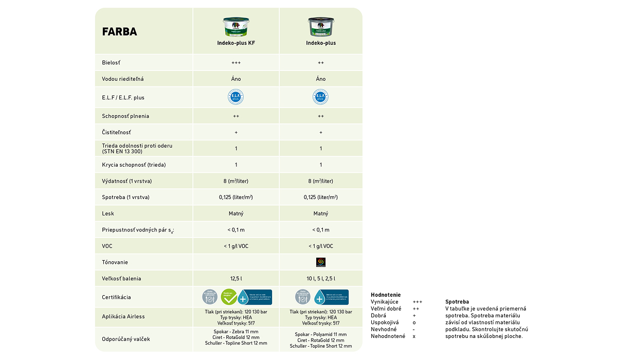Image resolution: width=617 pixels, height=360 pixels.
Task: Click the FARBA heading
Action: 120,32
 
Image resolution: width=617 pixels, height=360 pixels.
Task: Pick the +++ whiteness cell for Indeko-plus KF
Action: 236,63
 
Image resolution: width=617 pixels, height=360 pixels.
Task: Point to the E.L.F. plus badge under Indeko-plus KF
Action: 236,97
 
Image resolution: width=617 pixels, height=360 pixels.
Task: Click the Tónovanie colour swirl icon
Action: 321,262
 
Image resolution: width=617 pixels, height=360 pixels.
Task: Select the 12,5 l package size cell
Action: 236,279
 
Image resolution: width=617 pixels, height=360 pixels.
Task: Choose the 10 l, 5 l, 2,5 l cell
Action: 321,279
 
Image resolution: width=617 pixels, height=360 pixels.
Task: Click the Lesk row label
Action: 108,213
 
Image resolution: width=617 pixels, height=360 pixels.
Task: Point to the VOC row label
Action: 107,246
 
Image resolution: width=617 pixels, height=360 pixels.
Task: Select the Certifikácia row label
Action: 116,297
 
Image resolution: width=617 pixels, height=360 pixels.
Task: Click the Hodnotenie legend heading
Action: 386,295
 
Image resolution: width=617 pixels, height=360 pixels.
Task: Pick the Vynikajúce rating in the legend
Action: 385,302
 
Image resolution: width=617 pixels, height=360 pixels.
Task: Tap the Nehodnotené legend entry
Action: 388,336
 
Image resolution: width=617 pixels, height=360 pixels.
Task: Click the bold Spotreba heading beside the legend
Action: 457,302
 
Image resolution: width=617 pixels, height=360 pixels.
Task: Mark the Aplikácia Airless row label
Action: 123,317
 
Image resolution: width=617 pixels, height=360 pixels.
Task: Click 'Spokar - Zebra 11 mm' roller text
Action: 236,332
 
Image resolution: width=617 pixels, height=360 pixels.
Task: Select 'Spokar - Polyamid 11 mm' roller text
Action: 321,334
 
